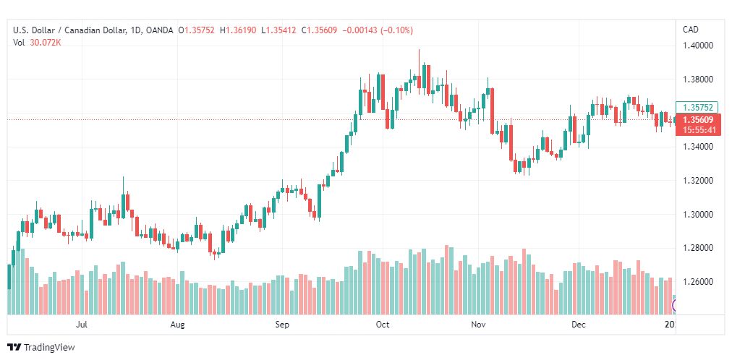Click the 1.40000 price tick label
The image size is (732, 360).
point(699,46)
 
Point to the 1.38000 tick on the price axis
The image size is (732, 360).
point(699,80)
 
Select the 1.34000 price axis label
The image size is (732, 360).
point(699,147)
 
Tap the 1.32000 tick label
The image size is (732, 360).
point(699,181)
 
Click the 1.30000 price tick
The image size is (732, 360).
point(699,215)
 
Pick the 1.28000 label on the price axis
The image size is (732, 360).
point(699,248)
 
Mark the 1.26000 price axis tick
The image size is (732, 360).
point(699,282)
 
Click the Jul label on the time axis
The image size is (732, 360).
point(82,325)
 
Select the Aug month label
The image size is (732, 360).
point(178,325)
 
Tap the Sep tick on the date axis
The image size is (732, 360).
point(282,325)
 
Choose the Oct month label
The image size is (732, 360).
point(383,325)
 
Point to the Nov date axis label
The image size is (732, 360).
point(478,325)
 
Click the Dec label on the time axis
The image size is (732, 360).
point(579,325)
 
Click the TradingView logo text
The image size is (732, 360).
point(49,348)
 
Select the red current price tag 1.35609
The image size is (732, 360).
point(698,120)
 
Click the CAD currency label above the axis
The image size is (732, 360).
point(691,30)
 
